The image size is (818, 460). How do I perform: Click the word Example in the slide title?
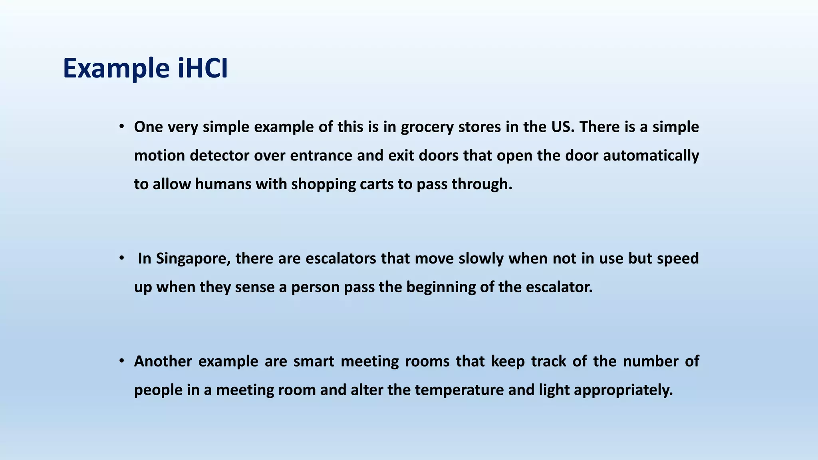tap(116, 69)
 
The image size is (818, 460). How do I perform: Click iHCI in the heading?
tap(203, 69)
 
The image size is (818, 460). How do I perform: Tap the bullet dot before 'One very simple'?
tap(121, 127)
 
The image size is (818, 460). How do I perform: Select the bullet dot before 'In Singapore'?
tap(121, 258)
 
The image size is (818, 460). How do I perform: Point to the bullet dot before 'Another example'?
tap(121, 361)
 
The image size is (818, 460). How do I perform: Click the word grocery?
tap(427, 127)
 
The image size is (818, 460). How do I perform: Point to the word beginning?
tap(441, 287)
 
